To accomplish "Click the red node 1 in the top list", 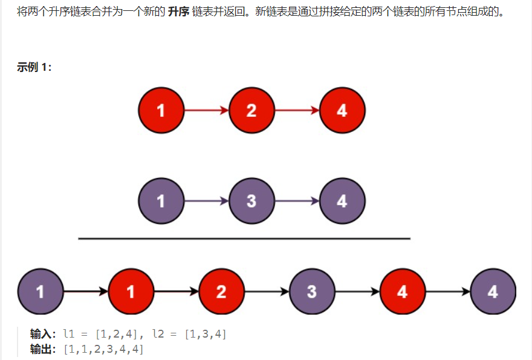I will point(161,110).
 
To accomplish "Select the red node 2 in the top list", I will point(251,110).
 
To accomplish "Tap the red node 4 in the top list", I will point(342,110).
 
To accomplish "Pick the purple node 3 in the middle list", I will point(251,200).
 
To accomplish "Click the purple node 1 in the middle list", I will point(161,200).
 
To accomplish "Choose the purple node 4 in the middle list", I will point(342,200).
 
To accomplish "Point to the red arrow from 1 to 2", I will point(206,110).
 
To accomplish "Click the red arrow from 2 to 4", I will point(297,110).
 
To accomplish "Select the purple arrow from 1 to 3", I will point(206,200).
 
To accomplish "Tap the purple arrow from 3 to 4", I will point(297,200).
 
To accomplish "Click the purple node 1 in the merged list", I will point(40,292).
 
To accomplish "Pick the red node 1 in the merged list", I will point(131,292).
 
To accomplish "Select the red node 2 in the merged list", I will point(221,292).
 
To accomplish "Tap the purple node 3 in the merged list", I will point(312,292).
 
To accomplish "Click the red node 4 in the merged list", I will point(403,292).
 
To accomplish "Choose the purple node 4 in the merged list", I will point(493,292).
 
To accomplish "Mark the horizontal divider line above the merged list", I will point(244,239).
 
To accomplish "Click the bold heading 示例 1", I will point(34,67).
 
